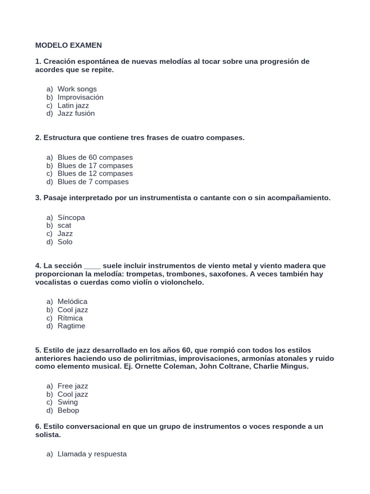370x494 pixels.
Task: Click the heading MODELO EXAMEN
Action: point(68,45)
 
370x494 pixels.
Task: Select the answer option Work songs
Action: point(77,89)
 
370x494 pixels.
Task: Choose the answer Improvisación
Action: point(80,97)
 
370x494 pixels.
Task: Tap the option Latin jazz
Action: point(73,105)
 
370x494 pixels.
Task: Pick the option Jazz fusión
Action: point(76,113)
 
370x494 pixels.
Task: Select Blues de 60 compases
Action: point(95,157)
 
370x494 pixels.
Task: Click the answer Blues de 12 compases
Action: point(95,173)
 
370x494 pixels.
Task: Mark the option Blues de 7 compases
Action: point(93,181)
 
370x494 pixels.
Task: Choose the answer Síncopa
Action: point(71,218)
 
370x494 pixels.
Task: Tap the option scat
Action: point(65,225)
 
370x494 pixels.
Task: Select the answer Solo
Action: point(65,242)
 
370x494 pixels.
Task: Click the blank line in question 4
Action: point(92,266)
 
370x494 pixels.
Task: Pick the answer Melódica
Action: point(72,302)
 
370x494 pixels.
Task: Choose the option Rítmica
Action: point(70,318)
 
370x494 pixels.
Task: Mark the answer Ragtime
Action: point(71,326)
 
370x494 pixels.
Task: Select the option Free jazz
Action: point(73,386)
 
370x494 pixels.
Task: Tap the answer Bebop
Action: point(68,410)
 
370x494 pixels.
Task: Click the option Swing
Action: point(67,402)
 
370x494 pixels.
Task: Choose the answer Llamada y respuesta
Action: point(92,454)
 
